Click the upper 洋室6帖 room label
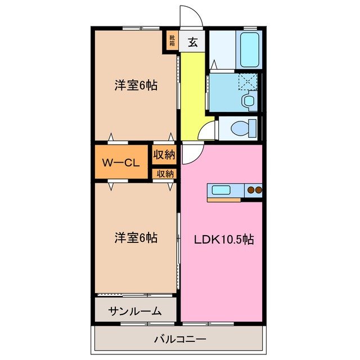[136, 85]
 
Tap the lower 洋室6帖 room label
[136, 238]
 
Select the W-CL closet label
[120, 163]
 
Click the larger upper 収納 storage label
[165, 154]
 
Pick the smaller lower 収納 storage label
[165, 174]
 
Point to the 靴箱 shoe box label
[172, 40]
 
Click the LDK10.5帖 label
[224, 239]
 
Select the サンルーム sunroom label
[135, 310]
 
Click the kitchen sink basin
[219, 190]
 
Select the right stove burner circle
[259, 190]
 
